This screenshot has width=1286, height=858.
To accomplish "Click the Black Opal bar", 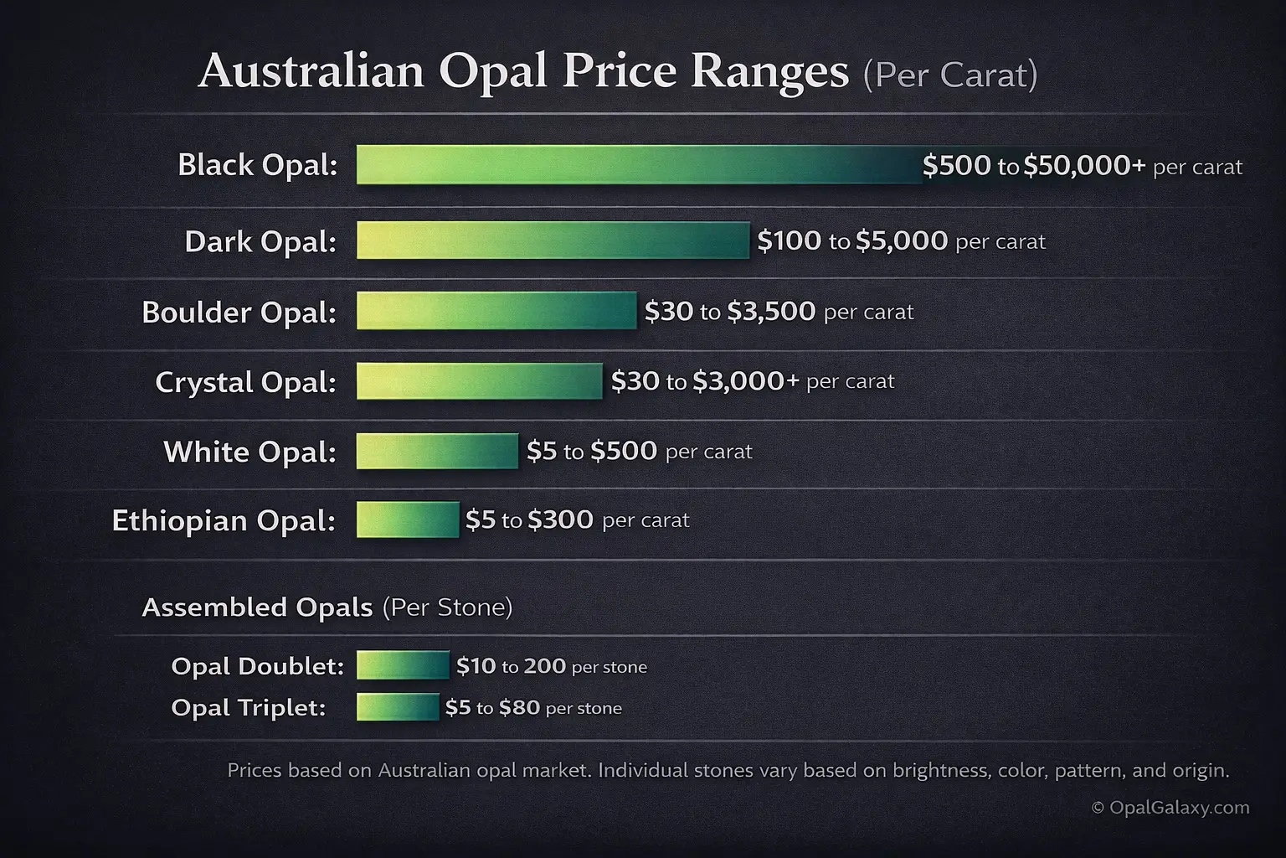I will tap(639, 164).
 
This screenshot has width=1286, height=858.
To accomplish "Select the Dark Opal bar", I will tap(553, 240).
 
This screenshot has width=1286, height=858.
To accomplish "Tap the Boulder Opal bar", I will tap(496, 311).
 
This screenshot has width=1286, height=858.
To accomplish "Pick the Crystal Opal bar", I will tap(479, 381).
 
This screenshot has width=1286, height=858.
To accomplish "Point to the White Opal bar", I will tap(437, 451).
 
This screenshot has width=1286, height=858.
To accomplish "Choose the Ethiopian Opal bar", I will tap(408, 519).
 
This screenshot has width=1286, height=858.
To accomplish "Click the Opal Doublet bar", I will tap(403, 665).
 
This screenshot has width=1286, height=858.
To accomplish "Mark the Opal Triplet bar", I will tap(398, 707).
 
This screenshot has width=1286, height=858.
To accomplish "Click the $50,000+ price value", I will tap(1084, 165).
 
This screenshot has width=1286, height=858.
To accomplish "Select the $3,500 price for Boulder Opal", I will tap(771, 311).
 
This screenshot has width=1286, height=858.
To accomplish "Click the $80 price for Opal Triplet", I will tap(519, 707).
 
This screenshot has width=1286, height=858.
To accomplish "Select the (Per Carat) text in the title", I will tap(950, 75).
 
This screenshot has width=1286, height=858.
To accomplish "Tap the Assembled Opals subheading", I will tap(257, 607).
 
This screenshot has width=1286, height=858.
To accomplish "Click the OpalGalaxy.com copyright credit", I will tap(1170, 808).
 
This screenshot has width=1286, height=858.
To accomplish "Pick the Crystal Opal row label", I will tap(245, 382).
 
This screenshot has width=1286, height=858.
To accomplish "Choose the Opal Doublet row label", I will tap(257, 666).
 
